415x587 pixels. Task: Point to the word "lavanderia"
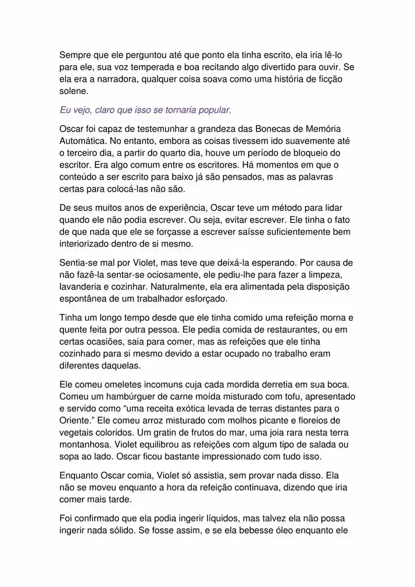coord(83,287)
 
